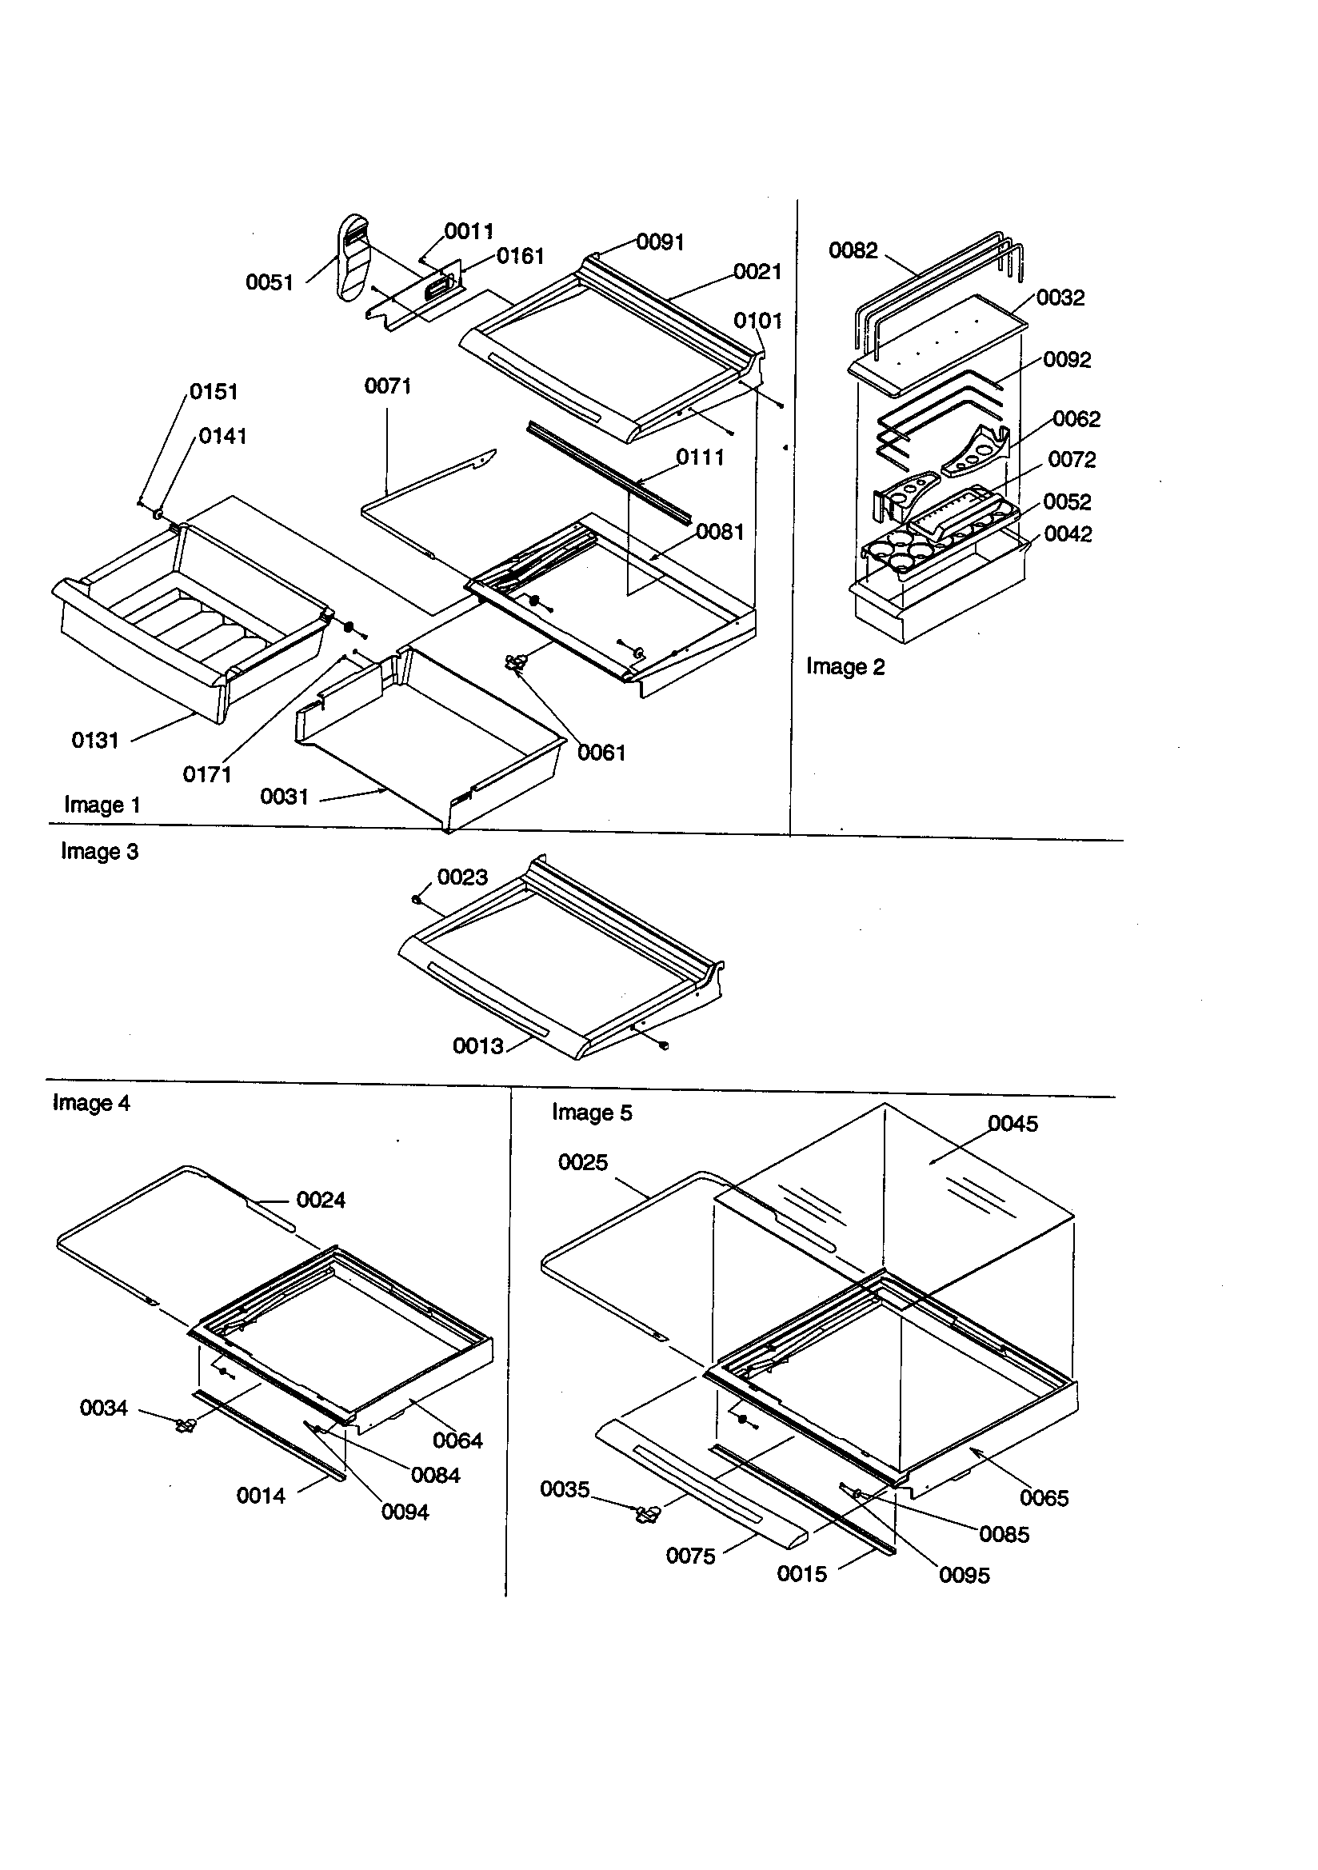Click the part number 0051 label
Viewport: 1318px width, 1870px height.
point(269,282)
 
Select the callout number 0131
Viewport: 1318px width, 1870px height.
point(95,741)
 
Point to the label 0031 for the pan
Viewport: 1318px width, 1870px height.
point(284,797)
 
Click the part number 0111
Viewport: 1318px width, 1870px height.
point(700,458)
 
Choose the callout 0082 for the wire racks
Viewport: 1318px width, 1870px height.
point(853,251)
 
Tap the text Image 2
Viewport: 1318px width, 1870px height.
point(845,667)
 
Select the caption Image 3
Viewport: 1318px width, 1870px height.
point(99,852)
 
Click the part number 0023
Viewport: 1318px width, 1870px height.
point(462,877)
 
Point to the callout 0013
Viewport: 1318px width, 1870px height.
point(478,1045)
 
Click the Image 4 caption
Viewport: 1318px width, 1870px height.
point(91,1103)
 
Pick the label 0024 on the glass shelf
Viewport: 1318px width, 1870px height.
point(320,1200)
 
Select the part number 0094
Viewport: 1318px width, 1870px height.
point(405,1512)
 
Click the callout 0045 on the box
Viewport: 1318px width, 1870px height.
point(1012,1124)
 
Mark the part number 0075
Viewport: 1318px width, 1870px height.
point(690,1556)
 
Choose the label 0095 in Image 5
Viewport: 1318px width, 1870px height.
point(965,1575)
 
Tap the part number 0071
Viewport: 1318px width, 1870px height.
point(388,386)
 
